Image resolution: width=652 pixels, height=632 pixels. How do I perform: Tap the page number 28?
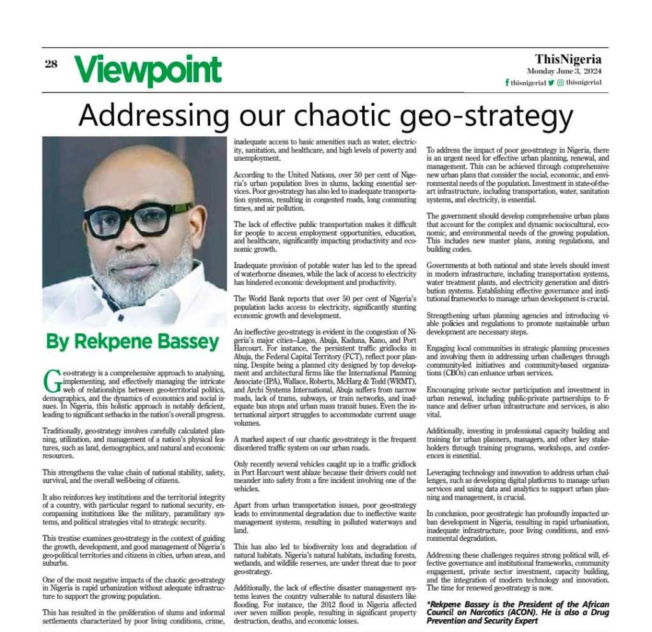[x=52, y=64]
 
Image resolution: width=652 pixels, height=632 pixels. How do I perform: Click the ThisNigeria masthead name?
[x=568, y=59]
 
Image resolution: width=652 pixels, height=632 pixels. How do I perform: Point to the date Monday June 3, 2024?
[x=564, y=71]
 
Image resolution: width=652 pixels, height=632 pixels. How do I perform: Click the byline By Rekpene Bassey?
[x=132, y=342]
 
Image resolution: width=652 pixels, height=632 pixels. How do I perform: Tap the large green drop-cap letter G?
[x=53, y=380]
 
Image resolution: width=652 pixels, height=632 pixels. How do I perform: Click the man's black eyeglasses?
[x=138, y=219]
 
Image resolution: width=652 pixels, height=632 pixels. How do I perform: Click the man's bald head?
[x=134, y=169]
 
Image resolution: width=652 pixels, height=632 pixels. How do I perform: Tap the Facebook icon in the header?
[x=507, y=83]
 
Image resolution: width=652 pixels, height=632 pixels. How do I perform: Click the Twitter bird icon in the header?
[x=551, y=82]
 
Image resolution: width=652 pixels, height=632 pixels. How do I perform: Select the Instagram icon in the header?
[x=560, y=82]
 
